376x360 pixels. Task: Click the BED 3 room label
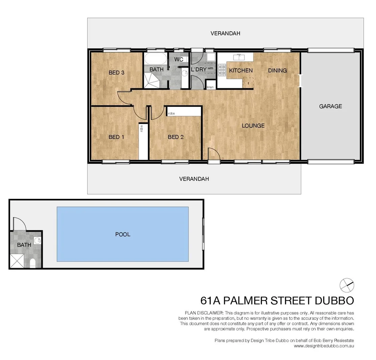pos(116,73)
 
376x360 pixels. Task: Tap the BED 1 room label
pos(116,137)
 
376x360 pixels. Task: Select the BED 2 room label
pos(175,137)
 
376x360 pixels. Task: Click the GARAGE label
pos(330,106)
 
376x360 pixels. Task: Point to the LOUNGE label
pos(253,126)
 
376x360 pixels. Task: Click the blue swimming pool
pos(122,234)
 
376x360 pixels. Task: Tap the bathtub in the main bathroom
pos(155,59)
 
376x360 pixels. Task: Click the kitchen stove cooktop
pos(222,71)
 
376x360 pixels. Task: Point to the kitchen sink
pos(239,57)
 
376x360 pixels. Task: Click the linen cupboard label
pos(210,87)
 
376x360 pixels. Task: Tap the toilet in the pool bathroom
pos(33,264)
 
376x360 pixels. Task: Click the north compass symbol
pos(346,285)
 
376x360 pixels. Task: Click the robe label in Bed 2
pos(171,114)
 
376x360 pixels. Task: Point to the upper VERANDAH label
pos(225,33)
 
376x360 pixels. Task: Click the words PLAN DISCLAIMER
pos(204,313)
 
